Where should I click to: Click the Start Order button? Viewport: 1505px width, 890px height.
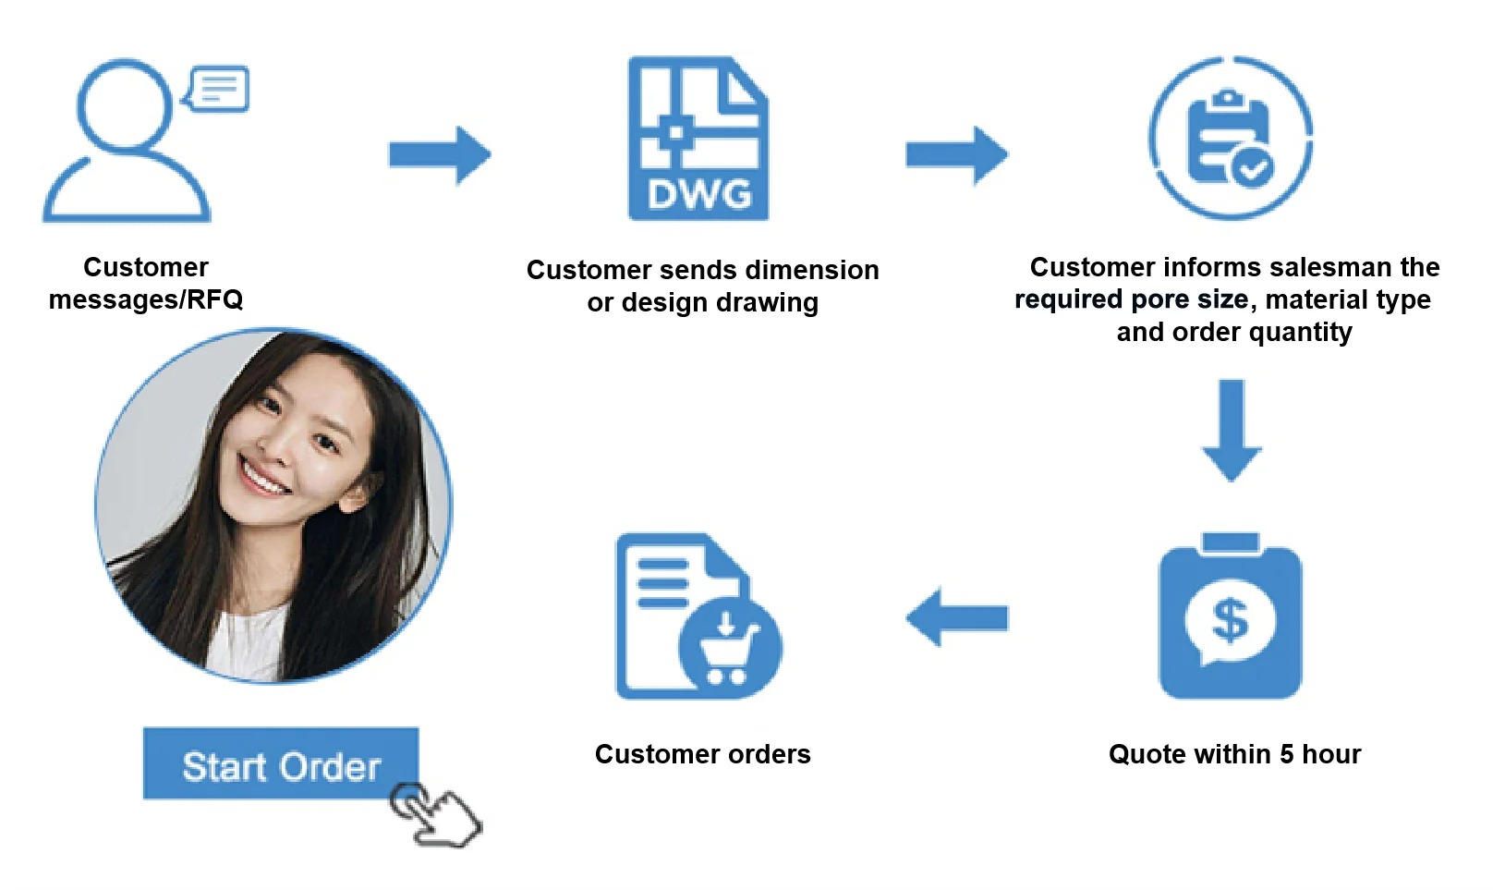(x=280, y=763)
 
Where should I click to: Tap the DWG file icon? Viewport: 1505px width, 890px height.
(x=698, y=139)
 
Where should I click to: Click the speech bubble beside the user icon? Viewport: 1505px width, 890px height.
(x=218, y=89)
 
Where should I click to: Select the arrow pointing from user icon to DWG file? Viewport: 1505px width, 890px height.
(x=440, y=155)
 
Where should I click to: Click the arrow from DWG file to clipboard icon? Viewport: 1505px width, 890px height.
(x=956, y=155)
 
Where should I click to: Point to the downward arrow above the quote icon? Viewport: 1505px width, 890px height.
(x=1232, y=430)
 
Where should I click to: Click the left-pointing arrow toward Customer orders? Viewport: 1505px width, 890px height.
(x=956, y=617)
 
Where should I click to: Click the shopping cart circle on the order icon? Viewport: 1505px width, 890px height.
(x=729, y=647)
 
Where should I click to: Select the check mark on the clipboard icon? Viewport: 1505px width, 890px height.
(x=1254, y=168)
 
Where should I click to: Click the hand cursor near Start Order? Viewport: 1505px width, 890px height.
(x=434, y=813)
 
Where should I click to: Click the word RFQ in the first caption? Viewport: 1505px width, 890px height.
(x=215, y=299)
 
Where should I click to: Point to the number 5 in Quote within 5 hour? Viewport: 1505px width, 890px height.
(x=1286, y=754)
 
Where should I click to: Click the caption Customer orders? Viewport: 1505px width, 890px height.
(x=702, y=754)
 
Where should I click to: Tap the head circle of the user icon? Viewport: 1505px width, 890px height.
(x=124, y=104)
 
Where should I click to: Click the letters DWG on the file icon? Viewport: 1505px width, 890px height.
(x=699, y=195)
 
